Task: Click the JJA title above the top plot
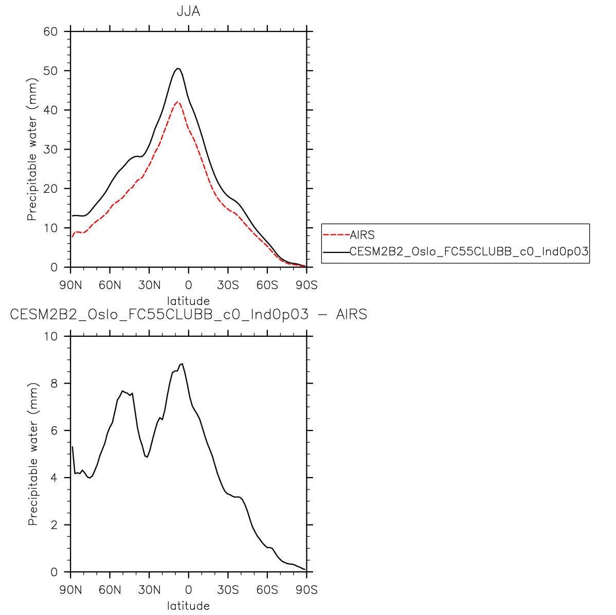click(188, 11)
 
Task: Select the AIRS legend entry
click(362, 236)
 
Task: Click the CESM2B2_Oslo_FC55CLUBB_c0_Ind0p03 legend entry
click(468, 251)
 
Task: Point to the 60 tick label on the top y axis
click(50, 31)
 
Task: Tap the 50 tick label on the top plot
click(50, 70)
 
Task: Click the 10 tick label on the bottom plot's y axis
click(50, 336)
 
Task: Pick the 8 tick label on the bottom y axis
click(54, 384)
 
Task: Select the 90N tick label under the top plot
click(71, 285)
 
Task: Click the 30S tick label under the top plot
click(228, 285)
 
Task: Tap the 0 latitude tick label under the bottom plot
click(189, 590)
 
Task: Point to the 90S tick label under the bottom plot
click(306, 590)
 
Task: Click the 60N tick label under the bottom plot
click(110, 590)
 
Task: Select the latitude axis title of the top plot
click(188, 301)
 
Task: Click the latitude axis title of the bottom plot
click(188, 606)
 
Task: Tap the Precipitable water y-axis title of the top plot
click(32, 149)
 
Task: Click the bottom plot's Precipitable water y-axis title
click(32, 454)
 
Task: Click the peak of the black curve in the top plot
click(177, 68)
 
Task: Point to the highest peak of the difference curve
click(182, 364)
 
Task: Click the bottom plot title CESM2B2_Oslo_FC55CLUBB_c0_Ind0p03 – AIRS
click(188, 314)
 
